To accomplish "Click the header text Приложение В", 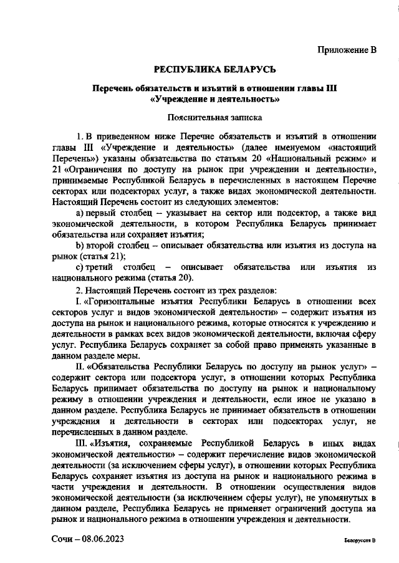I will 347,50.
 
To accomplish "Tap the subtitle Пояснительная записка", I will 214,116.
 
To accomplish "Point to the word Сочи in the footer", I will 62,539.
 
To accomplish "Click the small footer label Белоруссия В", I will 360,541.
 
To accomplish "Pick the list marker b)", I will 80,245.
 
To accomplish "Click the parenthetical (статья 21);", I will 95,256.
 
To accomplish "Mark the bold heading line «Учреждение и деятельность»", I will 214,99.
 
